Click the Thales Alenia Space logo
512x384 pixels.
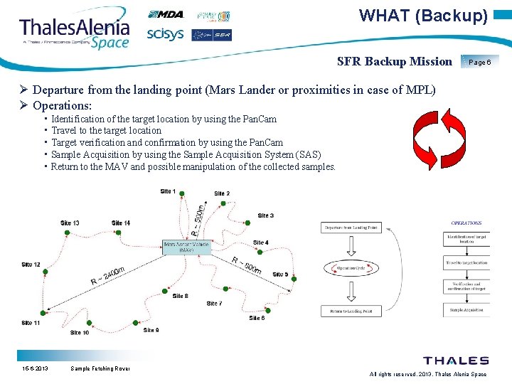(x=74, y=31)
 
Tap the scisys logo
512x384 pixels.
(x=166, y=34)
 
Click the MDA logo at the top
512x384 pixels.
(x=166, y=14)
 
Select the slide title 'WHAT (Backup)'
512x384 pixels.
(x=423, y=15)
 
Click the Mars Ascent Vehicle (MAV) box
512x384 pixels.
(x=187, y=247)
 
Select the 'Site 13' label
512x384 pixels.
(x=70, y=223)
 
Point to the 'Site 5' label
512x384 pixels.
(x=280, y=274)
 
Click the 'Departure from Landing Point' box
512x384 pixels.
(x=351, y=228)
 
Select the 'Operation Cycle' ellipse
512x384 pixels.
(x=351, y=269)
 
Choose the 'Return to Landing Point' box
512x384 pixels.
(x=351, y=310)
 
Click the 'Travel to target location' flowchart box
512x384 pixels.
(x=466, y=262)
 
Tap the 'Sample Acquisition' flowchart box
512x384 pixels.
(x=466, y=311)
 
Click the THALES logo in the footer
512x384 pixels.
(x=456, y=361)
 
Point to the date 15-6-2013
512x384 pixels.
(x=34, y=368)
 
